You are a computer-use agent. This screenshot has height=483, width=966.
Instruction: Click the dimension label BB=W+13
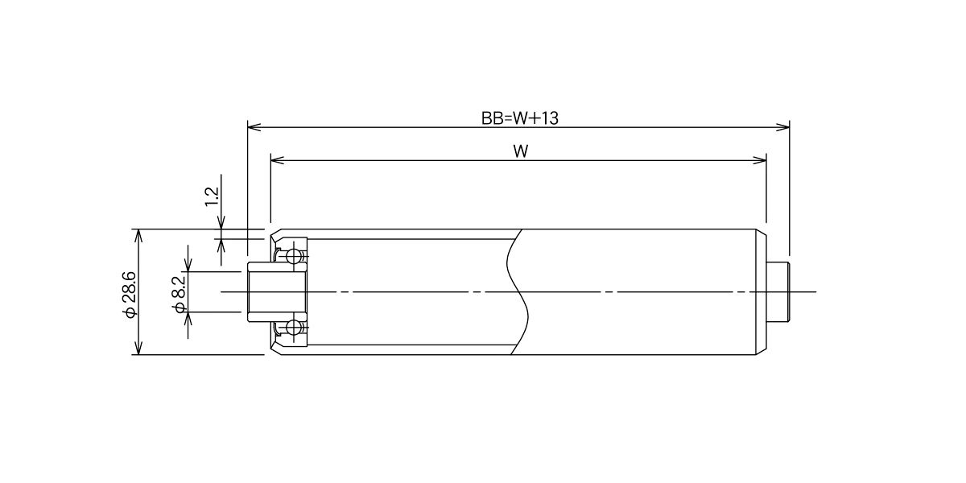pos(520,118)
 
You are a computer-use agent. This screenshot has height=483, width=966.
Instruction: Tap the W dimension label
pos(521,151)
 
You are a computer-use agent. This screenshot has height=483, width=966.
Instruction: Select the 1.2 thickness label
pos(213,196)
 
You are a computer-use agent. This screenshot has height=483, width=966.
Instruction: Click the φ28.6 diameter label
pos(130,295)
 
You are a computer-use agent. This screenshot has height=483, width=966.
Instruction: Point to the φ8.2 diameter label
pos(179,294)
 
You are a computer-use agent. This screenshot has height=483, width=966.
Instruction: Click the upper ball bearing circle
pos(295,256)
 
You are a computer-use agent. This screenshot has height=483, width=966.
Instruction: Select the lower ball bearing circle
pos(295,328)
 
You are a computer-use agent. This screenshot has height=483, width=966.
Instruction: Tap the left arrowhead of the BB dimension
pos(254,127)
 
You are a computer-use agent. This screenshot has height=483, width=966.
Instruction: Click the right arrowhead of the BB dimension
pos(782,127)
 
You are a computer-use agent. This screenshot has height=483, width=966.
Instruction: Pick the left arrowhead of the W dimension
pos(277,160)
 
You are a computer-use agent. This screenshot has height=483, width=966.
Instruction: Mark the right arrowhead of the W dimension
pos(759,160)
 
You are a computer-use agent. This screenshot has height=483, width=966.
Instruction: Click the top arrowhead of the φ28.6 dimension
pos(138,237)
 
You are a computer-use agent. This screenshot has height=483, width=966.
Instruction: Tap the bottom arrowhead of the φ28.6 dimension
pos(138,348)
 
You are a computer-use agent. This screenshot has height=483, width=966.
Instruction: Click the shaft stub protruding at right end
pos(778,292)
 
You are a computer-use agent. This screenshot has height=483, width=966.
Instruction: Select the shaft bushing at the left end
pos(277,292)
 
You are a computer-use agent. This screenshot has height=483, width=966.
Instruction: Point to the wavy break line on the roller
pos(518,292)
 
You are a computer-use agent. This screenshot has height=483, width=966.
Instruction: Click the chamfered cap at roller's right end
pos(762,292)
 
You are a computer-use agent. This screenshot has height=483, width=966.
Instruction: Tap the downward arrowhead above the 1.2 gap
pos(221,222)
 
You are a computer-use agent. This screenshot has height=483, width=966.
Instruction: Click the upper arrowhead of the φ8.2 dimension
pos(188,265)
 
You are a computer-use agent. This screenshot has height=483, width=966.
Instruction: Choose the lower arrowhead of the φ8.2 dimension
pos(188,319)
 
